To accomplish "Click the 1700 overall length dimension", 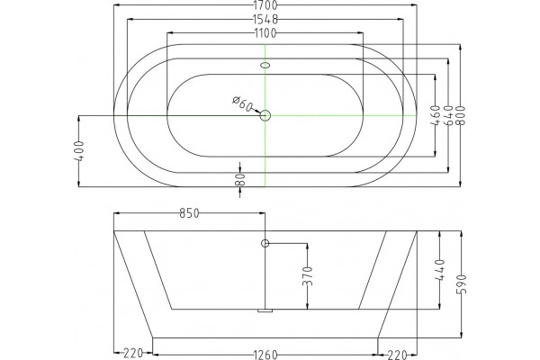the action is click(x=265, y=5).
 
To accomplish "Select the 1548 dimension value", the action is click(x=265, y=19).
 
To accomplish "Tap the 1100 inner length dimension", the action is click(x=265, y=33).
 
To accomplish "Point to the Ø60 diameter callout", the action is click(x=243, y=103).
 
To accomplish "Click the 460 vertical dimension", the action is click(x=436, y=116).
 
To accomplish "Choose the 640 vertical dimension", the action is click(x=448, y=116).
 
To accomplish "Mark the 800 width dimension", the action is click(x=461, y=116).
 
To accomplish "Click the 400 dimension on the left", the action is click(x=79, y=151).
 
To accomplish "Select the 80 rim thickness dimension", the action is click(x=240, y=179).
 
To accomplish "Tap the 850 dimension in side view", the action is click(x=189, y=213).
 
